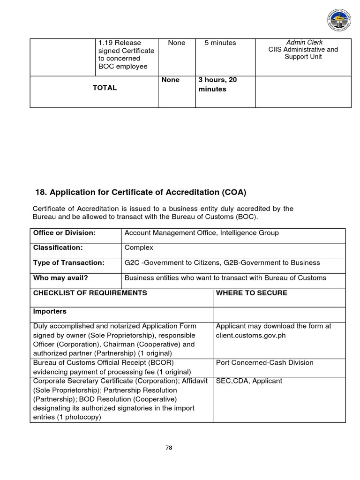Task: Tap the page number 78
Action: click(x=169, y=447)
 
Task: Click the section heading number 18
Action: click(x=41, y=192)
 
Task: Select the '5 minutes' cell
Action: click(x=220, y=43)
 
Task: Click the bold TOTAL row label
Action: click(x=105, y=88)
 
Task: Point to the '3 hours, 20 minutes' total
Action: click(x=217, y=84)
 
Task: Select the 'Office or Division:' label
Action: click(x=64, y=233)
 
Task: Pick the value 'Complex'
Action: click(x=139, y=247)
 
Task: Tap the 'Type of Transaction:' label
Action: click(x=69, y=262)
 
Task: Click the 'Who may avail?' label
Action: click(x=60, y=277)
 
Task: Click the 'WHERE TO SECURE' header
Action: click(x=251, y=293)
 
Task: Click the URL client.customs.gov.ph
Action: click(x=250, y=335)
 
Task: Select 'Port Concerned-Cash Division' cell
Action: click(x=264, y=362)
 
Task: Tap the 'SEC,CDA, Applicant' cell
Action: click(x=249, y=381)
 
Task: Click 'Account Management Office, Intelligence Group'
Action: click(x=202, y=233)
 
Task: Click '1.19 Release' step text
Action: click(x=120, y=43)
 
